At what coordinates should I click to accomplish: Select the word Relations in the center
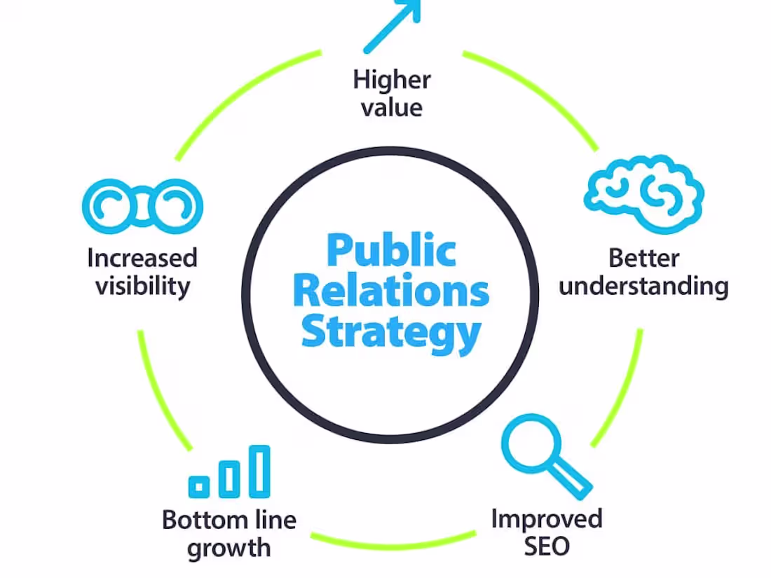coord(391,291)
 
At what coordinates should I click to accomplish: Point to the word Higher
coord(392,79)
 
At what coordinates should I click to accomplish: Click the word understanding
coord(643,287)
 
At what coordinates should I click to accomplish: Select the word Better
coord(643,258)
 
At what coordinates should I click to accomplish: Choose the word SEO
coord(547,546)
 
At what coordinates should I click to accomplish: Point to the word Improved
coord(547,518)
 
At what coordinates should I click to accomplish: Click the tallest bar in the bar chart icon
coord(261,470)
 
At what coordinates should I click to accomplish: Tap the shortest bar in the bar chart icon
coord(200,485)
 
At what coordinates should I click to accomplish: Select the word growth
coord(228,547)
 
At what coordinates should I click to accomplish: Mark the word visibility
coord(142,287)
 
